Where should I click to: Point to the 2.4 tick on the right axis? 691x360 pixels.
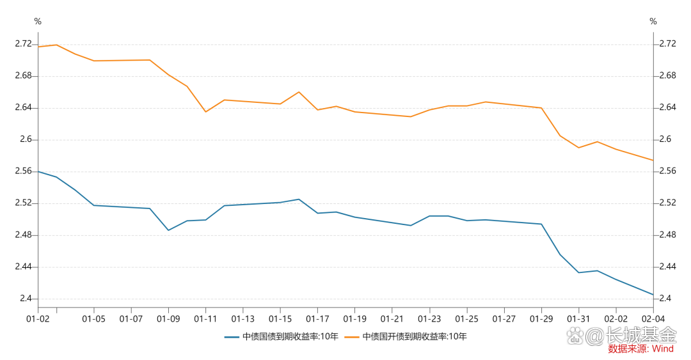coord(666,299)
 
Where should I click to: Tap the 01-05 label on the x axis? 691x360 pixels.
coord(94,318)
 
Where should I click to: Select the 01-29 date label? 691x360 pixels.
coord(541,318)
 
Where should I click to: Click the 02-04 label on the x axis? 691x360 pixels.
coord(653,318)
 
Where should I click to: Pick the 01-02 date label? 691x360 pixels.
coord(38,318)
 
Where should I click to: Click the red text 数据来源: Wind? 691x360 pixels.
coord(640,349)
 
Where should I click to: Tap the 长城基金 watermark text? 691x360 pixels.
coord(641,334)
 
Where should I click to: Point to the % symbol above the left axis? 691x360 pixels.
coord(38,22)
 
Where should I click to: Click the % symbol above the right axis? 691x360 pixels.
coord(653,22)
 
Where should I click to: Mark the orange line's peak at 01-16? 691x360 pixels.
coord(299,92)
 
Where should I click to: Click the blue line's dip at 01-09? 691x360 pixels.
coord(168,230)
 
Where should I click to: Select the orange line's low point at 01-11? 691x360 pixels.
coord(205,112)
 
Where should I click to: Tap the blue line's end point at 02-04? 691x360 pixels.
coord(653,295)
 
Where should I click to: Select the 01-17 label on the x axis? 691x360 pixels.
coord(317,318)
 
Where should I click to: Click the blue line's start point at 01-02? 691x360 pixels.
coord(38,171)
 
